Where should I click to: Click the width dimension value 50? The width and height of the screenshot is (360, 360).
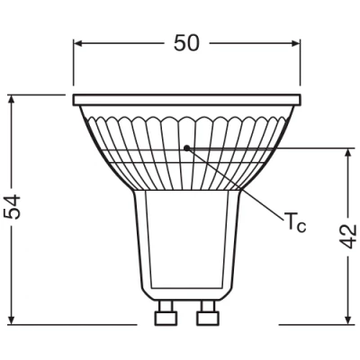click(187, 41)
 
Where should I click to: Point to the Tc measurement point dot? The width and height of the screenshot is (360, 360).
click(186, 147)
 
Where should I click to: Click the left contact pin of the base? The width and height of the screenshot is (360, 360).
click(165, 317)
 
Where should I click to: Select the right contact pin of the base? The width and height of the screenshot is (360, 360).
click(206, 317)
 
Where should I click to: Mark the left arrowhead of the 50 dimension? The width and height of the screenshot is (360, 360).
click(77, 41)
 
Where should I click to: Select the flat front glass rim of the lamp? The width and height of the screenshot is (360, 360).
click(186, 98)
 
